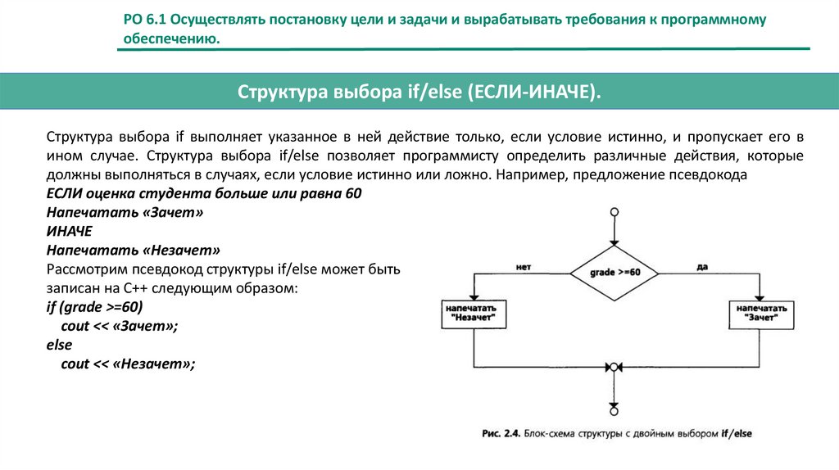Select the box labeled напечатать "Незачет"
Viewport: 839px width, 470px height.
point(474,314)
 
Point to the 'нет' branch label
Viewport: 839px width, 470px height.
point(525,266)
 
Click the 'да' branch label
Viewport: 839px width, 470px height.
point(701,266)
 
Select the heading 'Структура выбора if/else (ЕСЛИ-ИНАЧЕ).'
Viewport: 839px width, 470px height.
point(419,91)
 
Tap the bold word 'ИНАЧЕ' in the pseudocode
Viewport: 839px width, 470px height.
point(69,230)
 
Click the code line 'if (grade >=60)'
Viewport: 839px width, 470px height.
point(94,307)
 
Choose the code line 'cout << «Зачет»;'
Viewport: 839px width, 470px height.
point(119,326)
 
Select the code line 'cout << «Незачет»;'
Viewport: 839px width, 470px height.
point(128,364)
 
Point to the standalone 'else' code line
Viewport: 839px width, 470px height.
point(59,345)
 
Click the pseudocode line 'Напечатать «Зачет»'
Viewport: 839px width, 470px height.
point(124,211)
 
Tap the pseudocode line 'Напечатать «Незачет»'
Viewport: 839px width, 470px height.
point(134,249)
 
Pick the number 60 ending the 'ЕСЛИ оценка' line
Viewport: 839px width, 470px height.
point(353,192)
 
